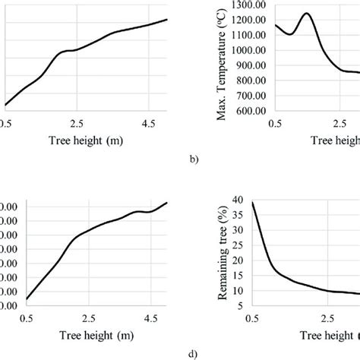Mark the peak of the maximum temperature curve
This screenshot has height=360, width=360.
tap(306, 14)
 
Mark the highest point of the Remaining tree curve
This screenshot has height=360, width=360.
tap(253, 202)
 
